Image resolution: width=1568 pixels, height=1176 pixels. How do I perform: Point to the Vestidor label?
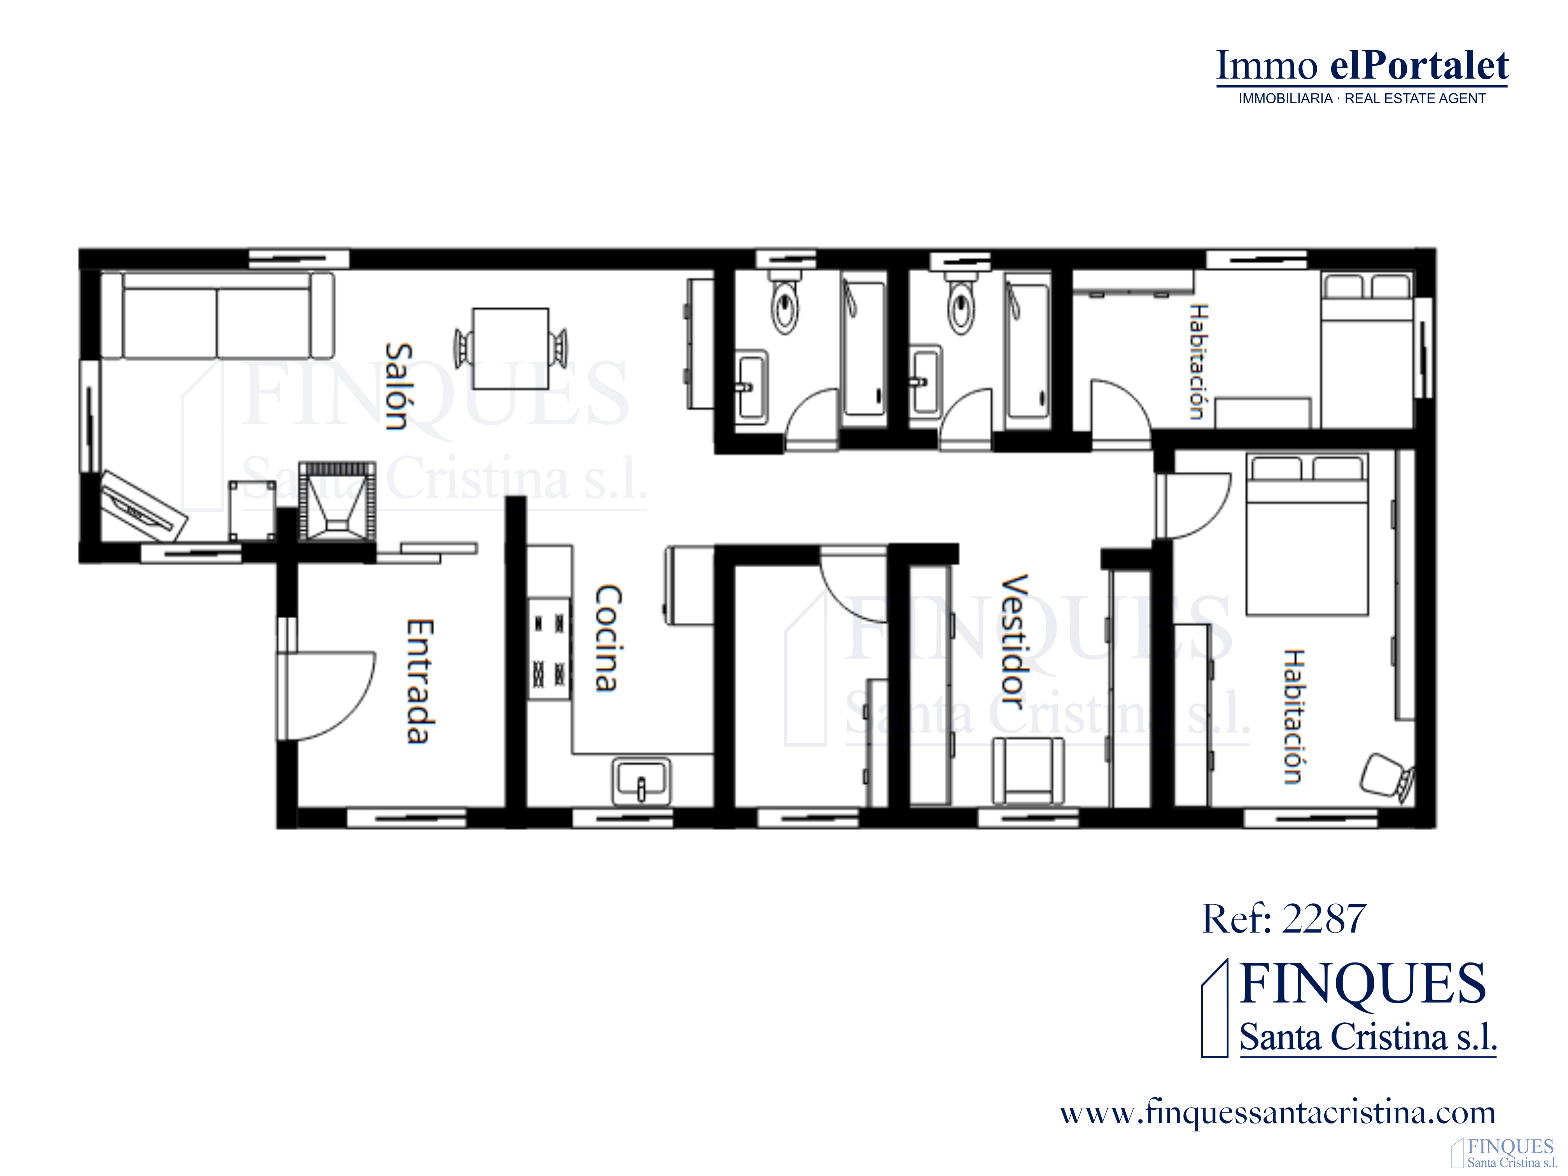(1014, 642)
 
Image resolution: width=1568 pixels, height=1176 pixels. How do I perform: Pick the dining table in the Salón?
(510, 348)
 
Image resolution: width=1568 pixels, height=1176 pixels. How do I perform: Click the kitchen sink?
(641, 782)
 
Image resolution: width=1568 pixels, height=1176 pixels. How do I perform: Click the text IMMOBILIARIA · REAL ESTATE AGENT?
(1362, 98)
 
